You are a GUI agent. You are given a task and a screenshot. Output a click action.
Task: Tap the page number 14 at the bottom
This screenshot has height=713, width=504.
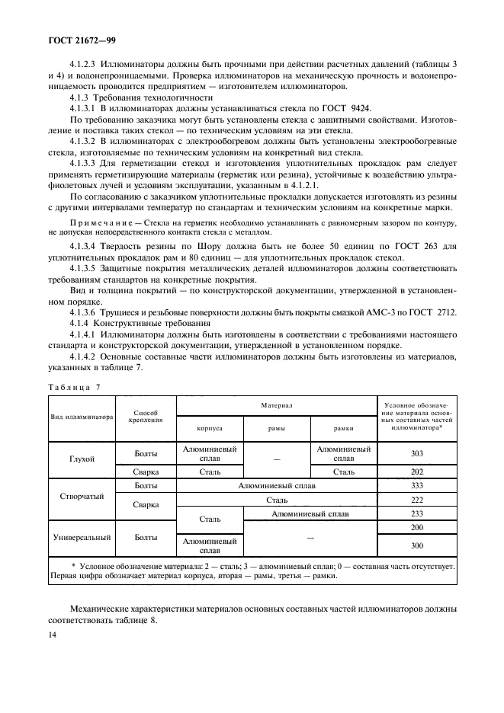pyautogui.click(x=52, y=634)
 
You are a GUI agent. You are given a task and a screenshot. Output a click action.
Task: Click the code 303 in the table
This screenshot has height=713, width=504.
pyautogui.click(x=416, y=454)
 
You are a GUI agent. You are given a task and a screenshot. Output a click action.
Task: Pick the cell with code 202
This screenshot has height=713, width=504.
pyautogui.click(x=416, y=472)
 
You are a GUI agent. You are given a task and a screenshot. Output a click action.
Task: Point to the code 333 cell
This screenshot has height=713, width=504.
pyautogui.click(x=416, y=485)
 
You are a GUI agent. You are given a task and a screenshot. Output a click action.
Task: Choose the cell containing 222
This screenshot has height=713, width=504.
pyautogui.click(x=416, y=500)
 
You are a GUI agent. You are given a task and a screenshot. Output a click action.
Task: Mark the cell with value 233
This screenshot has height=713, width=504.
pyautogui.click(x=416, y=514)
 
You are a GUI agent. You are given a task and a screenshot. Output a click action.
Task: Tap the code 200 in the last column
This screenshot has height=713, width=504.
pyautogui.click(x=416, y=527)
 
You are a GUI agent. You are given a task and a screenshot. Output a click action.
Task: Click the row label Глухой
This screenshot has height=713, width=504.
pyautogui.click(x=82, y=459)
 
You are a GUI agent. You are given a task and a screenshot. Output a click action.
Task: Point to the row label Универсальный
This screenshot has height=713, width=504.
pyautogui.click(x=82, y=538)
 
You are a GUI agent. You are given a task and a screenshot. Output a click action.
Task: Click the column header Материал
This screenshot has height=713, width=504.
pyautogui.click(x=276, y=407)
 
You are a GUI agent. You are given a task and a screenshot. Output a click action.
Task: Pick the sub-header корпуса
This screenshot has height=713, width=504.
pyautogui.click(x=210, y=430)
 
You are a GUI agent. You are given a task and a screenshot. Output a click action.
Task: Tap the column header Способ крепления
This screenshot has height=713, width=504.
pyautogui.click(x=146, y=415)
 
